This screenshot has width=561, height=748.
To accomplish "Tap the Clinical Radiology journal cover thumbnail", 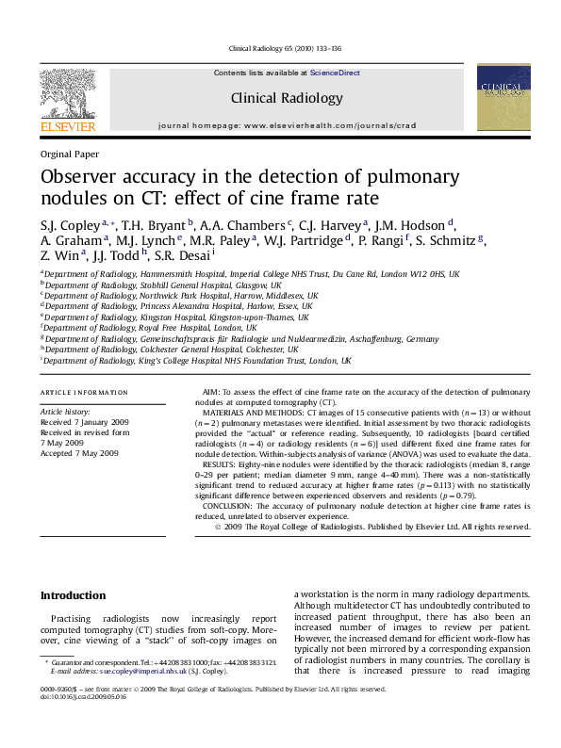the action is [x=503, y=97].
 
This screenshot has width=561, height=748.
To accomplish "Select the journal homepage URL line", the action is [x=287, y=125].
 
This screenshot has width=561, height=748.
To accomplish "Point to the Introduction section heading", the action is [x=73, y=595].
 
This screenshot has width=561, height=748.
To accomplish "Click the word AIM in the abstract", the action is [x=212, y=391].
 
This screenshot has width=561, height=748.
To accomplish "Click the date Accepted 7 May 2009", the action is [x=79, y=453].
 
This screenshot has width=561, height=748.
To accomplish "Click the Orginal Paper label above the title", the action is [x=69, y=154].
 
